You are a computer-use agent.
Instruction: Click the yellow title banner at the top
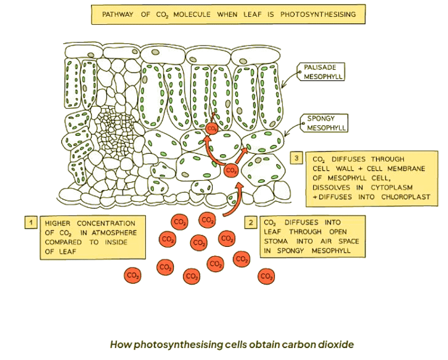pyautogui.click(x=228, y=14)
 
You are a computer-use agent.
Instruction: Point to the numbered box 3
pyautogui.click(x=297, y=158)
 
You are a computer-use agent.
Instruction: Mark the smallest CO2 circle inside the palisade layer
pyautogui.click(x=212, y=128)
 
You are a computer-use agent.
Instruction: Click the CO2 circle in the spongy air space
pyautogui.click(x=231, y=170)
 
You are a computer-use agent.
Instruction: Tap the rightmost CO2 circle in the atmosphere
pyautogui.click(x=266, y=276)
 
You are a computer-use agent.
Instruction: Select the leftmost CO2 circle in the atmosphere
pyautogui.click(x=132, y=275)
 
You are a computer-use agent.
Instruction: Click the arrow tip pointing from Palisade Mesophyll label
pyautogui.click(x=284, y=85)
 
